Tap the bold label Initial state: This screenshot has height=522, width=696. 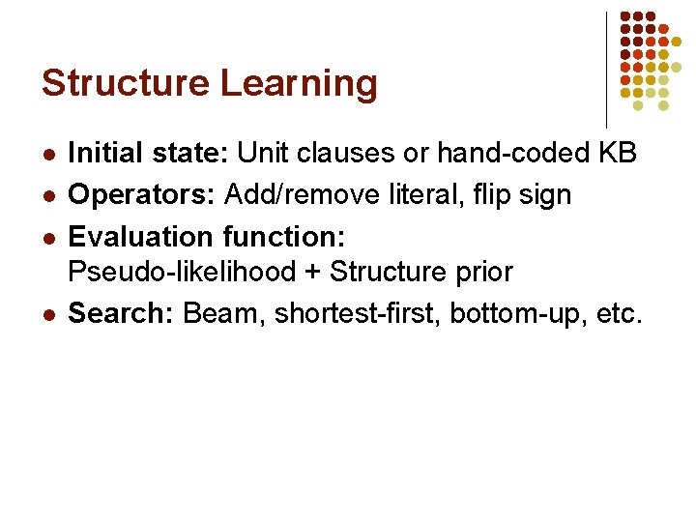click(149, 154)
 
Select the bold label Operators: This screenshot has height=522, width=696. click(143, 194)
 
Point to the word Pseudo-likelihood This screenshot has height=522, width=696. click(182, 273)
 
